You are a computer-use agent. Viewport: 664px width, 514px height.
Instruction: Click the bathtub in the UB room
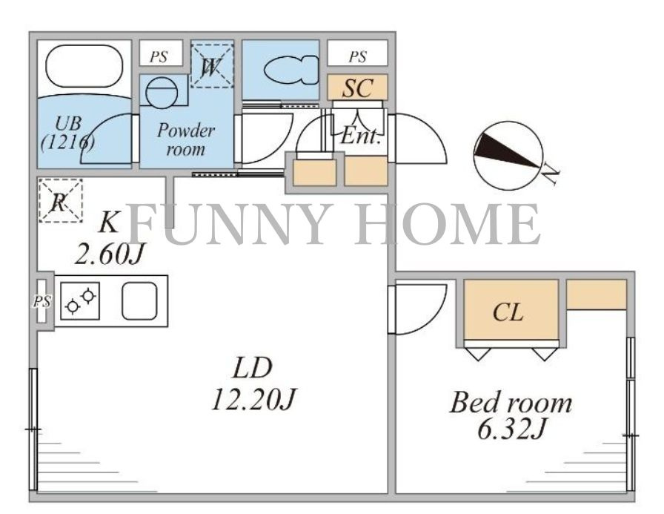coord(84,67)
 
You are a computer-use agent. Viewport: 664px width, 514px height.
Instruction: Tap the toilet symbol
coord(292,70)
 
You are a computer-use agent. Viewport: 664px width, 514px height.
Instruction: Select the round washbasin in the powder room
coord(162,91)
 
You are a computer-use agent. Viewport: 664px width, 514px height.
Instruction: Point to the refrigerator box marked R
coord(60,201)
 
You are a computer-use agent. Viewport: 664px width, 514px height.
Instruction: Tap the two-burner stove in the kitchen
coord(80,300)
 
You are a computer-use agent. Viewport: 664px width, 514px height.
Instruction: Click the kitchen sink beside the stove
coord(140,300)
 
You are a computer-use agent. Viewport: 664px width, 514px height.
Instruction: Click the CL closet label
coord(508,313)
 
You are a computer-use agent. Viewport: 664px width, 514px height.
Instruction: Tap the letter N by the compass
coord(551,174)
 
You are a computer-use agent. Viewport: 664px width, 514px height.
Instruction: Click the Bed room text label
coord(511,403)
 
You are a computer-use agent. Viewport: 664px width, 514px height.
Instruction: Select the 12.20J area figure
coord(253,399)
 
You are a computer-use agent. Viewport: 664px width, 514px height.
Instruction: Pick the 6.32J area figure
coord(511,429)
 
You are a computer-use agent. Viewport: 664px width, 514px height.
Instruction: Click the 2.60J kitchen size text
coord(110,254)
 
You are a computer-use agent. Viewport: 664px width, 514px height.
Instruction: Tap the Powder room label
coord(186,139)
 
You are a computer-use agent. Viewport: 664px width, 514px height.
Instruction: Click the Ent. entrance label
coord(360,136)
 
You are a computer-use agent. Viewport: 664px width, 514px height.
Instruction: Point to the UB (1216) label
coord(67,133)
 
